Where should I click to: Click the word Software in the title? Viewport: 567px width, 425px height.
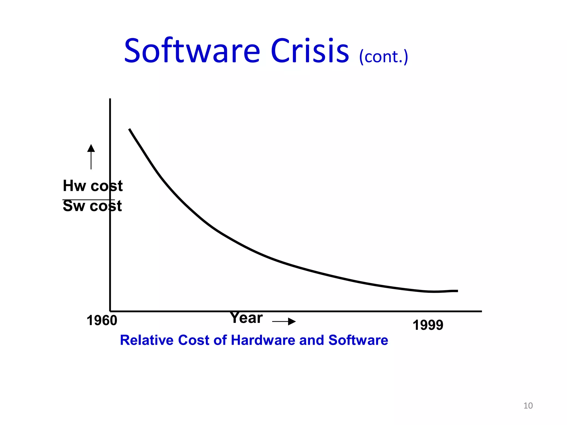click(192, 51)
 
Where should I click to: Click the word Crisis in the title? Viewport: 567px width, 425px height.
click(310, 51)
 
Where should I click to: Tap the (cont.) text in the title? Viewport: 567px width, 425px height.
click(383, 57)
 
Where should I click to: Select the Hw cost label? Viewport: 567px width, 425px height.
click(92, 186)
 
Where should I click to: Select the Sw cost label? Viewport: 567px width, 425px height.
click(92, 206)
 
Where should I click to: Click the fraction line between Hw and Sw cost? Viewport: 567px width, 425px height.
click(88, 199)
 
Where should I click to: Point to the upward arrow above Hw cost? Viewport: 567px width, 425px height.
click(91, 156)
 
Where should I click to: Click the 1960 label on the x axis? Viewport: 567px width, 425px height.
click(102, 321)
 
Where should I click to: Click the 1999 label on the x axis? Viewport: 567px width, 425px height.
click(428, 325)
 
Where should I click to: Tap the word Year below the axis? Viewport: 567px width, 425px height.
click(246, 318)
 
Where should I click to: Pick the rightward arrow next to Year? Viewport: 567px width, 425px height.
click(284, 322)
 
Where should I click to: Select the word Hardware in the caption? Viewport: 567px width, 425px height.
click(263, 340)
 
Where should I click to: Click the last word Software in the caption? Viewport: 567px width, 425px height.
click(358, 340)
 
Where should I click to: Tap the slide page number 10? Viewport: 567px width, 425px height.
click(528, 406)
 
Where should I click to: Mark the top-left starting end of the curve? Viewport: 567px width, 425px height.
click(130, 129)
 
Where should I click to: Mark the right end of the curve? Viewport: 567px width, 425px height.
click(457, 291)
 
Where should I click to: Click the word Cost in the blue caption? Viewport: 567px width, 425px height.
click(194, 340)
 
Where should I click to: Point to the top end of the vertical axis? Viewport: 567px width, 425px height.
click(110, 99)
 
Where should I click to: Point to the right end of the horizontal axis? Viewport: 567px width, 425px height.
click(481, 311)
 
